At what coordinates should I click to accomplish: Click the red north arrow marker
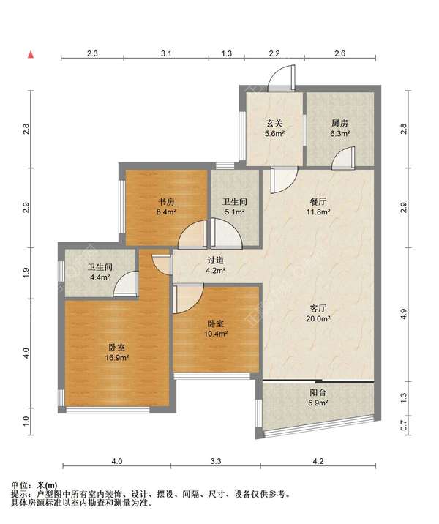coord(31,54)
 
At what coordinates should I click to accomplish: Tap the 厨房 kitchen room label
coord(339,123)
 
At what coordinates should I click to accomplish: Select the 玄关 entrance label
coord(274,123)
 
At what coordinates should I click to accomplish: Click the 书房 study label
coord(166,201)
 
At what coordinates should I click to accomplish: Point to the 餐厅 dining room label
coord(318,201)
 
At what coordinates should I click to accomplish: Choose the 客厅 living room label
coord(318,308)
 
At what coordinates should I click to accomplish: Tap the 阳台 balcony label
coord(318,392)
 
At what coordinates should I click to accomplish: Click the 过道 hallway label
coord(216,260)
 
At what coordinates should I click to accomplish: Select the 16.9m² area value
coord(117,358)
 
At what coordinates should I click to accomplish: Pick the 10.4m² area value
coord(216,334)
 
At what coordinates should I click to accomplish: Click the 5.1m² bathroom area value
coord(235,212)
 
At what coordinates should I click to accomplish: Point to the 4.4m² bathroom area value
coord(100,277)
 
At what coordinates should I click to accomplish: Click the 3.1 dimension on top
coord(166,53)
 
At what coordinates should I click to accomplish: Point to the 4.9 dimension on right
coord(404,315)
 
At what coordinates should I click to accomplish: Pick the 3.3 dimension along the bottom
coord(216,461)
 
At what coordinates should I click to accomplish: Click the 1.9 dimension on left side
coord(26,273)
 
